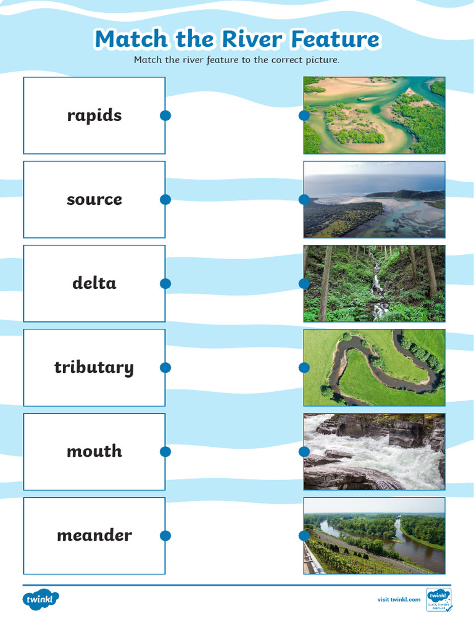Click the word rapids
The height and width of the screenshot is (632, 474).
point(94,115)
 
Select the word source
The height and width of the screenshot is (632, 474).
point(94,199)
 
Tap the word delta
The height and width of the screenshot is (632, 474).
point(94,283)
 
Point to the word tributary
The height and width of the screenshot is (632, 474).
point(94,367)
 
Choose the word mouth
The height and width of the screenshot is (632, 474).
point(94,451)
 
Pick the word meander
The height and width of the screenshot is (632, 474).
point(94,535)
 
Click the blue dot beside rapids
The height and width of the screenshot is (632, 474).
point(165,115)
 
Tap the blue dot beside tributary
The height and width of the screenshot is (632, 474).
point(165,367)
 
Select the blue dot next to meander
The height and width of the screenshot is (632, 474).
point(165,535)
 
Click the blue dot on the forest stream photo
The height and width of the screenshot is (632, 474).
point(304,283)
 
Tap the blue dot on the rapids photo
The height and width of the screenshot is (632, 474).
point(304,451)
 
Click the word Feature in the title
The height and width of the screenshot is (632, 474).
point(335,39)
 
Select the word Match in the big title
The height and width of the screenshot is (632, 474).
point(131,39)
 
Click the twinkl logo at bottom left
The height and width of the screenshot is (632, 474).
point(41,599)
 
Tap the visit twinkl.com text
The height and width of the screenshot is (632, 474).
point(399,599)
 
